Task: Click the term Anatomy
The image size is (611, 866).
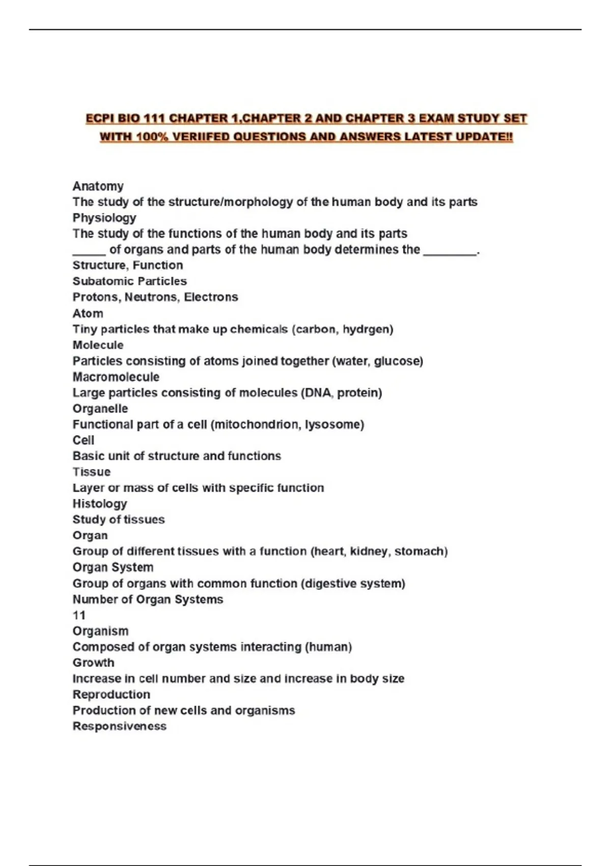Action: [x=98, y=186]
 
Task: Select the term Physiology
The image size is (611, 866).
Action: [x=104, y=218]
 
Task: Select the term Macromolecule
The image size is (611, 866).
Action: [x=116, y=377]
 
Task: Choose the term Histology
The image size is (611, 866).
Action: [x=100, y=504]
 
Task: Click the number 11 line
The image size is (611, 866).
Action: [x=79, y=615]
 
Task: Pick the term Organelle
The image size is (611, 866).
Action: [x=100, y=409]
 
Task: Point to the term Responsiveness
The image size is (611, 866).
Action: [x=119, y=726]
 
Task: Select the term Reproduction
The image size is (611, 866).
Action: [x=112, y=694]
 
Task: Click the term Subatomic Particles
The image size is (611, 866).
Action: [x=129, y=281]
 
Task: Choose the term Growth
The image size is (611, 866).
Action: [x=93, y=663]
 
